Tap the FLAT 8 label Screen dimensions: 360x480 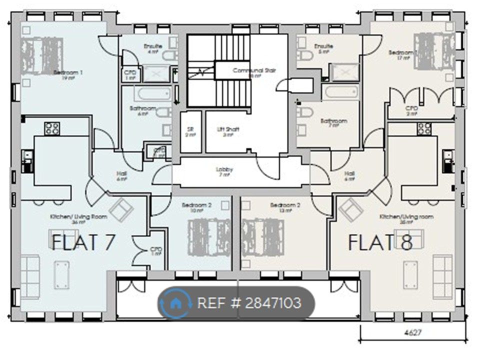click(x=380, y=243)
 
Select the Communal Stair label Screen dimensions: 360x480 click(x=254, y=71)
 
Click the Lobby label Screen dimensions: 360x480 click(x=224, y=170)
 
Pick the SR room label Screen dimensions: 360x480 click(x=190, y=129)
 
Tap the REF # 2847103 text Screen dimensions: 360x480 click(x=249, y=303)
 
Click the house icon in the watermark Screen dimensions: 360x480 click(x=175, y=303)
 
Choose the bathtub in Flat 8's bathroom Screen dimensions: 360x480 click(x=341, y=92)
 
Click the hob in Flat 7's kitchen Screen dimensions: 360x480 click(x=52, y=128)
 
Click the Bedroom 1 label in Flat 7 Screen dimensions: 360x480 click(x=68, y=73)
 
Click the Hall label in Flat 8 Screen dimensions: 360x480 click(x=350, y=174)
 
